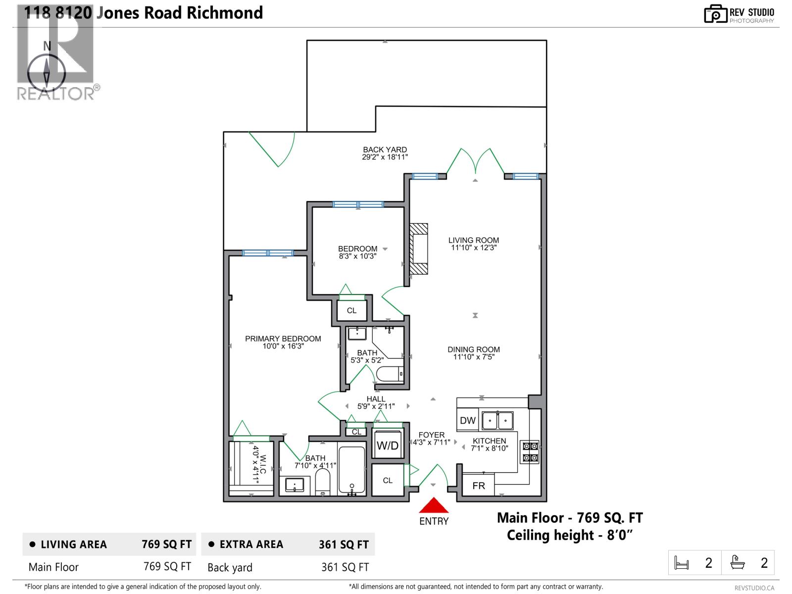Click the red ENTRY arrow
[434, 506]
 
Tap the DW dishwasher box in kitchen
[468, 421]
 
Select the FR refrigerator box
[478, 486]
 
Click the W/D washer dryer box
[388, 445]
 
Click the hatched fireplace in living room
[419, 248]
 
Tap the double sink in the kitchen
[498, 421]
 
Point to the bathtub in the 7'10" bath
[352, 470]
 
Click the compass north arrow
[47, 72]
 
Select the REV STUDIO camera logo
[715, 14]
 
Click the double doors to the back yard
[475, 162]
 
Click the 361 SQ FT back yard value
[345, 567]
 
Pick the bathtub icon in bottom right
[738, 563]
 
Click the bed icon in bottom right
[682, 563]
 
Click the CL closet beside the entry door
[388, 480]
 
